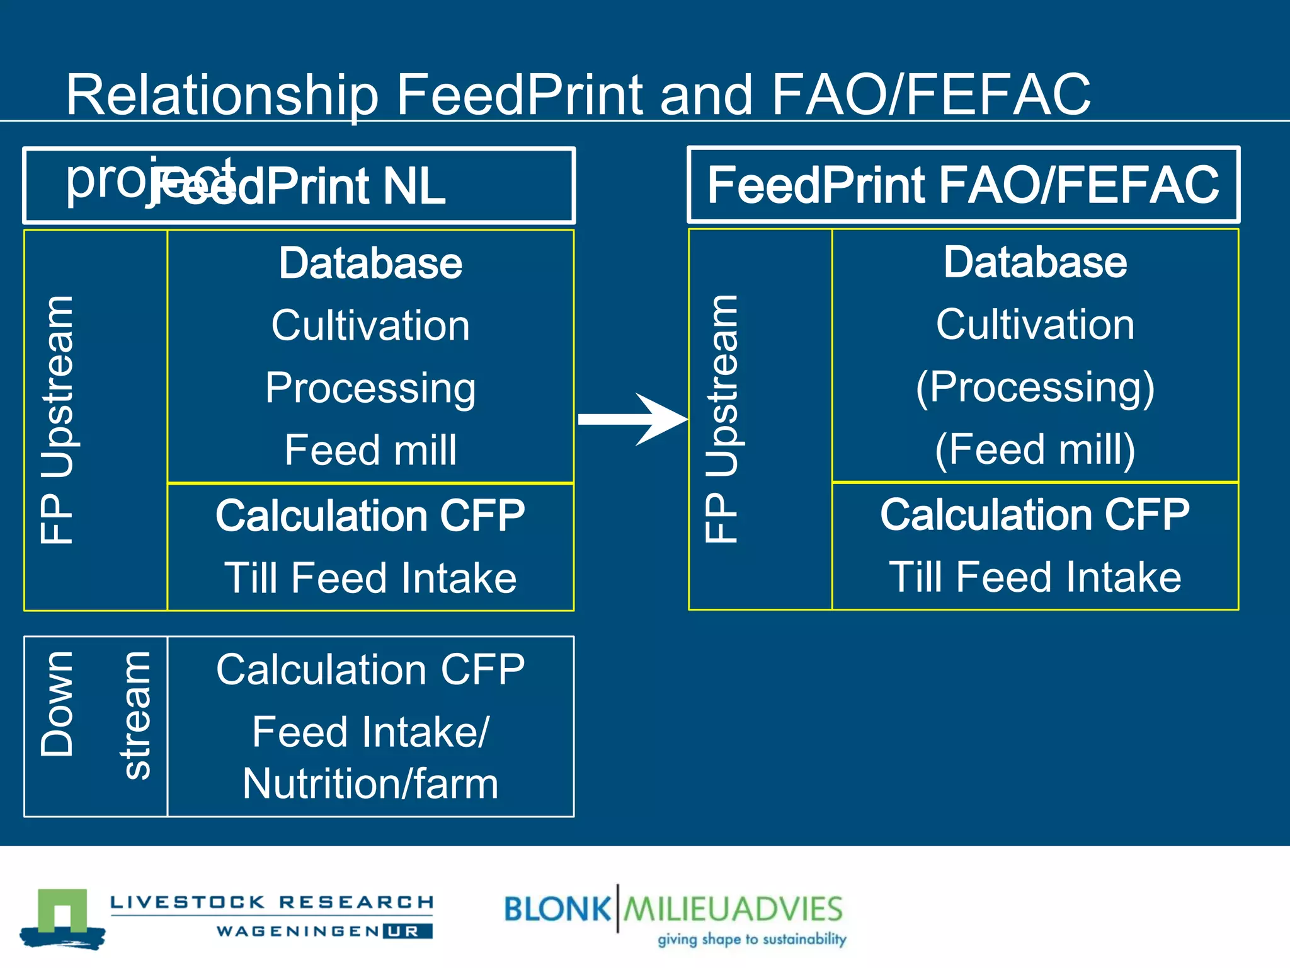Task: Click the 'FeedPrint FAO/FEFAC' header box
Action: [x=963, y=185]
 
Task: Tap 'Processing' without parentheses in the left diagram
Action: [x=370, y=388]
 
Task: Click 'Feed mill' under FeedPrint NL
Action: [x=370, y=450]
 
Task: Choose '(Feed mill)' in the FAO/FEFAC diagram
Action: [x=1035, y=449]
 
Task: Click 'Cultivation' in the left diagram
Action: [x=370, y=325]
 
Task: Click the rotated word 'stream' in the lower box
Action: [x=136, y=716]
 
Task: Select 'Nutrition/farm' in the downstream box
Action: [x=370, y=783]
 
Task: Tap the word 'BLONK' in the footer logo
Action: [x=557, y=909]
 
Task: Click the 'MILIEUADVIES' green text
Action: [x=733, y=909]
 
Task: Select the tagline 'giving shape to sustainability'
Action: [x=751, y=939]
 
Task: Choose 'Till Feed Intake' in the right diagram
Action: [x=1035, y=577]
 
